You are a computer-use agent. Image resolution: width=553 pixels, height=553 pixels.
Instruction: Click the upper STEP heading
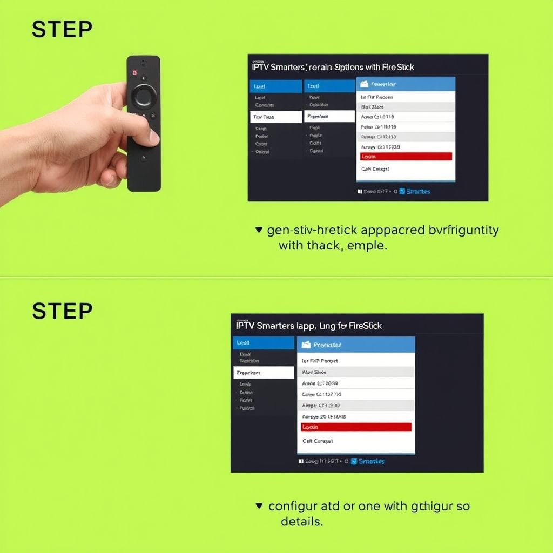pyautogui.click(x=62, y=30)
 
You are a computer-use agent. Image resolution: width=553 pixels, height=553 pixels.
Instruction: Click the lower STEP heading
pyautogui.click(x=62, y=311)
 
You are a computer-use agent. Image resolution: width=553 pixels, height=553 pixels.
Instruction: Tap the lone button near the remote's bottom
pyautogui.click(x=144, y=158)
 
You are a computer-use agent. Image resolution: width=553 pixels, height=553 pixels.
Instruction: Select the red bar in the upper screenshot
pyautogui.click(x=406, y=156)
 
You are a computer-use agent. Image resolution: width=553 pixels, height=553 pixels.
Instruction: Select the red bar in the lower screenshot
pyautogui.click(x=356, y=427)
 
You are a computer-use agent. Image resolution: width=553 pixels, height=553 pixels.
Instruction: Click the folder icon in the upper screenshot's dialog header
pyautogui.click(x=364, y=84)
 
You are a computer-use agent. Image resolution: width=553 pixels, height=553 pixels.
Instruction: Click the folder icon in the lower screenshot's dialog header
pyautogui.click(x=306, y=345)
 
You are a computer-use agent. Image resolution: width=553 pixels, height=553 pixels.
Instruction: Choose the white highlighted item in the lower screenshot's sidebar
pyautogui.click(x=264, y=373)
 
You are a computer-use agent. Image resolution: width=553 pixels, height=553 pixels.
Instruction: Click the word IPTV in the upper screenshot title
pyautogui.click(x=262, y=68)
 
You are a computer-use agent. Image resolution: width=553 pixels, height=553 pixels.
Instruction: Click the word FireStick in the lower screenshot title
pyautogui.click(x=366, y=326)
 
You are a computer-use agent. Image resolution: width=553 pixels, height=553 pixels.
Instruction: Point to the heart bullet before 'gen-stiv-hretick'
pyautogui.click(x=258, y=230)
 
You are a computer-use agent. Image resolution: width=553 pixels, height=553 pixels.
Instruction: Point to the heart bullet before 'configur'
pyautogui.click(x=259, y=507)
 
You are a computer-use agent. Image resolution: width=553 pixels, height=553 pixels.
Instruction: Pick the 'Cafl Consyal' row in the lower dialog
pyautogui.click(x=318, y=441)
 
